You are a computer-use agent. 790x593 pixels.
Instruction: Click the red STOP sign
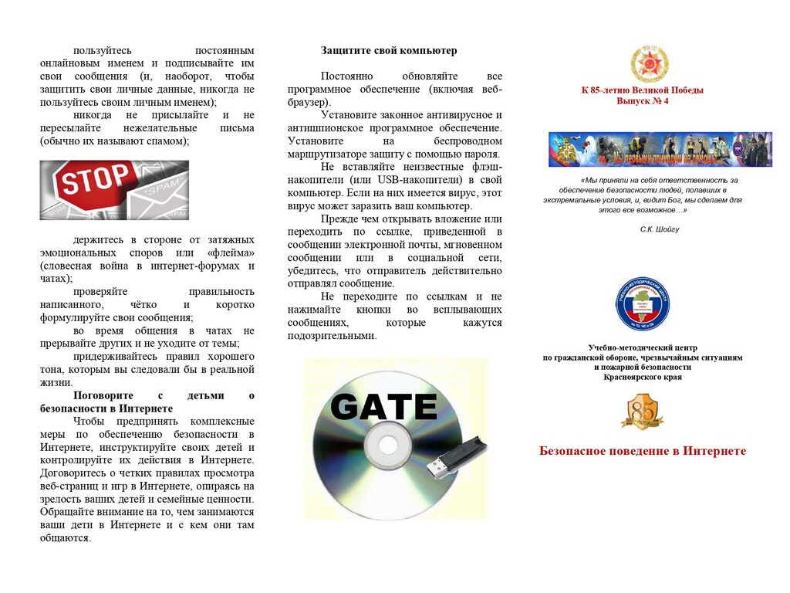[x=88, y=183]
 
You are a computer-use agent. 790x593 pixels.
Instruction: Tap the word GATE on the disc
[x=383, y=406]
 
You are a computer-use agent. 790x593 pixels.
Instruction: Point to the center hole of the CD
[x=383, y=446]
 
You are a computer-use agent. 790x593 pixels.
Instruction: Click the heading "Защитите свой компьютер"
[x=389, y=51]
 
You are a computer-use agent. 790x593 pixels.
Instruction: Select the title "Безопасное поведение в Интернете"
[x=642, y=451]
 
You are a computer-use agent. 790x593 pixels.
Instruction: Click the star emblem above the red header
[x=643, y=63]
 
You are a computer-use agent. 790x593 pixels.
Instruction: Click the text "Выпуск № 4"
[x=643, y=101]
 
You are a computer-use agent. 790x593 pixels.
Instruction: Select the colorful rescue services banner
[x=660, y=149]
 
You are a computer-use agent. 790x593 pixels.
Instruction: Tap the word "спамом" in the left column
[x=167, y=141]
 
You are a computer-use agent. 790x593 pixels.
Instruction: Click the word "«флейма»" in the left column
[x=230, y=253]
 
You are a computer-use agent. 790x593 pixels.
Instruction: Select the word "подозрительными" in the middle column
[x=332, y=336]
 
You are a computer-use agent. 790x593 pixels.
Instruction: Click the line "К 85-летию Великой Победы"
[x=643, y=90]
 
